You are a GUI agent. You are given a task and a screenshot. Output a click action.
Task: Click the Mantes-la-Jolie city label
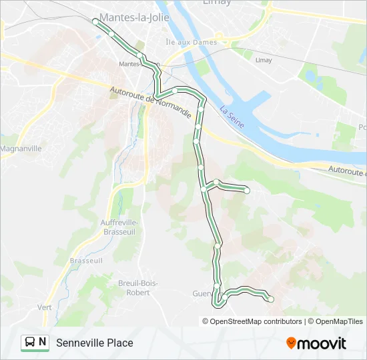pos(134,17)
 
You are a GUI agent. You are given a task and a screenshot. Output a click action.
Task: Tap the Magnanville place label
pos(21,148)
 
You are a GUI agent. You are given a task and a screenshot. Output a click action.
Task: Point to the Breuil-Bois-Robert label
pos(138,287)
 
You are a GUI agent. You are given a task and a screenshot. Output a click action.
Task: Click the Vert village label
pos(45,307)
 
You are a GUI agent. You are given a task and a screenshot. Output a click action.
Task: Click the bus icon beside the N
pos(30,342)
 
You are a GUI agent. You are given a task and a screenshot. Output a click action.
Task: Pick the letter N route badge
pos(43,342)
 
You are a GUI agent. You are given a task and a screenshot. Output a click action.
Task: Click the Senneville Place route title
pos(95,343)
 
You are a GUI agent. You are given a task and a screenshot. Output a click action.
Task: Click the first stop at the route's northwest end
pos(95,21)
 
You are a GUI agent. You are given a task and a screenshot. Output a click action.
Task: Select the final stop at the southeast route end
pos(271,299)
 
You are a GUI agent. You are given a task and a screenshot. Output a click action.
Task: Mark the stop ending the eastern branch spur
pos(247,191)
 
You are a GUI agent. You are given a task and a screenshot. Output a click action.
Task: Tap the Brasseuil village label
pos(86,260)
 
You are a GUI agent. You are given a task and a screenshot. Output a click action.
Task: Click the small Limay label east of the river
pos(264,60)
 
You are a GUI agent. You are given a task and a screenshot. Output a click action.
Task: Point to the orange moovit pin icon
pos(292,343)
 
